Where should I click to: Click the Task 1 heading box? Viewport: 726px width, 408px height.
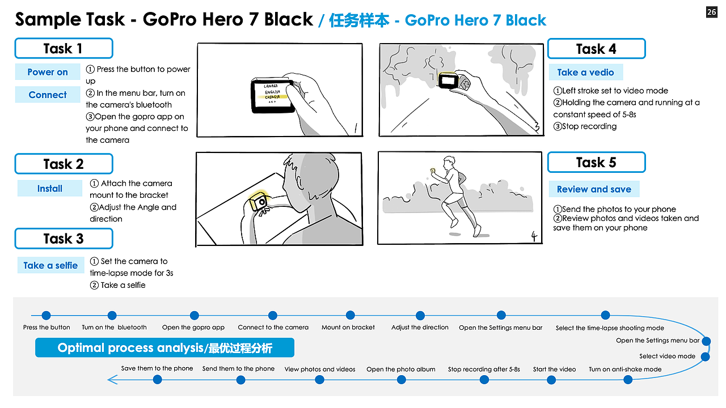pyautogui.click(x=64, y=48)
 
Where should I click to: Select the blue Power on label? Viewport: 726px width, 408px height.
pyautogui.click(x=48, y=72)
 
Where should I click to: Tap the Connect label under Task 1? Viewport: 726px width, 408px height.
pyautogui.click(x=48, y=95)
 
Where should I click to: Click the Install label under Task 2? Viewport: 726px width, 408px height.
pyautogui.click(x=50, y=189)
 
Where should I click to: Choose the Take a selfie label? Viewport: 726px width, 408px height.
pyautogui.click(x=50, y=265)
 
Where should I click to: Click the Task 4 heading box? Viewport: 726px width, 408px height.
pyautogui.click(x=596, y=49)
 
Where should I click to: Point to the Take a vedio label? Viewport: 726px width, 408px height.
pyautogui.click(x=585, y=72)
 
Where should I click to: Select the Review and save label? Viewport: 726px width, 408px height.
pyautogui.click(x=594, y=189)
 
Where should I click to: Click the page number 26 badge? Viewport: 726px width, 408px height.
pyautogui.click(x=711, y=12)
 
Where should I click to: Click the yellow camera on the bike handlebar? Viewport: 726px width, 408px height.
pyautogui.click(x=259, y=201)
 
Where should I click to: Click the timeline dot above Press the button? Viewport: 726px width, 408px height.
pyautogui.click(x=47, y=316)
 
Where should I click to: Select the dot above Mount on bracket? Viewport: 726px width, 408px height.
pyautogui.click(x=350, y=316)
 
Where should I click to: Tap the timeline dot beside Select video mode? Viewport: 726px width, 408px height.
pyautogui.click(x=705, y=357)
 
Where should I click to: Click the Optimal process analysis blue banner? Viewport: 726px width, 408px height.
pyautogui.click(x=164, y=347)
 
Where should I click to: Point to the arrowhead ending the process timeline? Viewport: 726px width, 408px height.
pyautogui.click(x=112, y=380)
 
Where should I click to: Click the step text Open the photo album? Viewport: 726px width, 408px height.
pyautogui.click(x=401, y=369)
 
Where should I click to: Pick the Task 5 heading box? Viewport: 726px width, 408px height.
pyautogui.click(x=596, y=163)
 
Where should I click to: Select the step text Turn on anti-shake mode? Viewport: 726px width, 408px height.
pyautogui.click(x=625, y=369)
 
